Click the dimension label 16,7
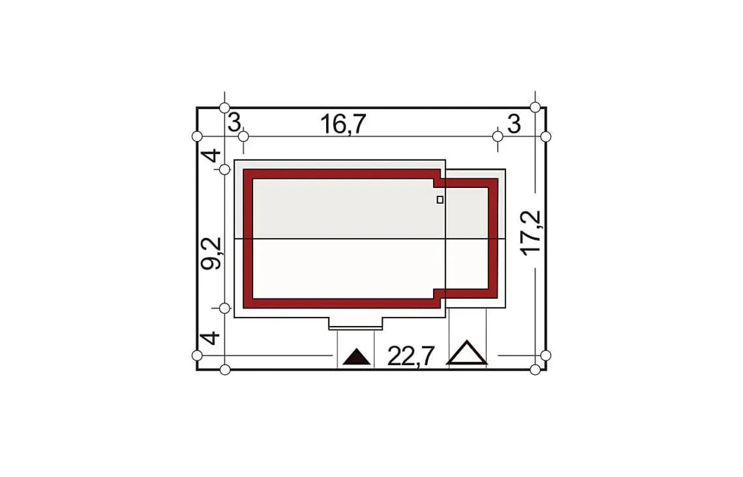343,124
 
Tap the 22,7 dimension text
410,356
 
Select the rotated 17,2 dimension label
531,233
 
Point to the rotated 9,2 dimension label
211,254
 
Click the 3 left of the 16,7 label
235,122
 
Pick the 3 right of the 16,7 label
514,124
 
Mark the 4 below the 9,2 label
210,338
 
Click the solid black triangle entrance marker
356,357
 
